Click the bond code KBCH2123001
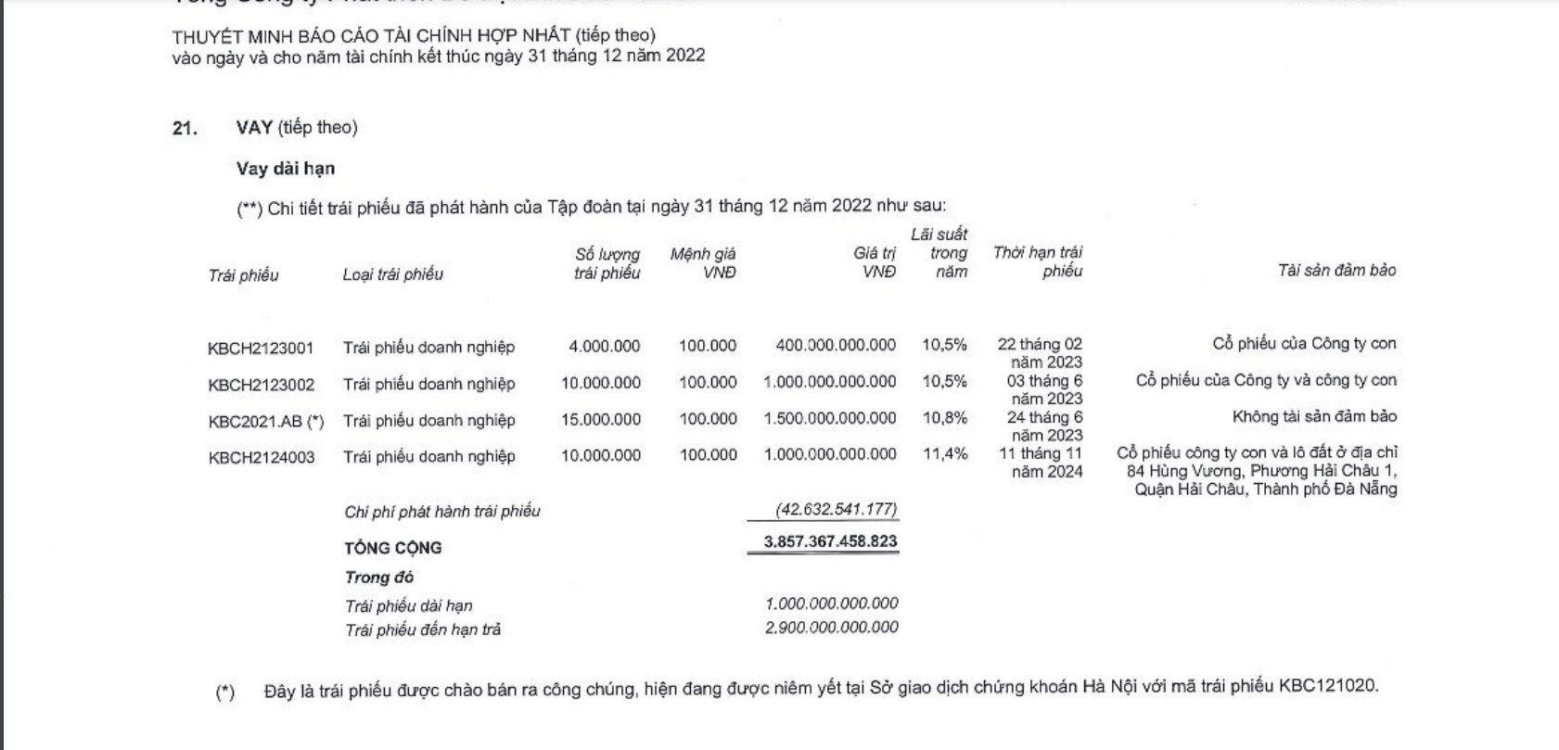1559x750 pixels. (x=261, y=349)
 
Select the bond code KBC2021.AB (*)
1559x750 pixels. (x=266, y=421)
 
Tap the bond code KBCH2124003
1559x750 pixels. (x=262, y=457)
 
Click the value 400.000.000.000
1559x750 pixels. (x=836, y=346)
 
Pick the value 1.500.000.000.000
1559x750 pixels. (x=830, y=419)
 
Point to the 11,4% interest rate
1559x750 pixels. (x=944, y=454)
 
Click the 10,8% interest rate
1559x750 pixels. (x=944, y=418)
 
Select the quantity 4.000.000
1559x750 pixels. (x=604, y=347)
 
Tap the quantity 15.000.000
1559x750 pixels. (x=600, y=420)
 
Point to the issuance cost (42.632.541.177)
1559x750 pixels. (x=836, y=510)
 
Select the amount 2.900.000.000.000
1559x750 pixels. (x=831, y=628)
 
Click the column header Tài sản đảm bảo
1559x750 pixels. (x=1336, y=271)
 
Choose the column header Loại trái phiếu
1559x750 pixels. (x=392, y=274)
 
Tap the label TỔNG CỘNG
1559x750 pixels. (x=393, y=548)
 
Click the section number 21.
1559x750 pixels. (x=185, y=129)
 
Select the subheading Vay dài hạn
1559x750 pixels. (x=286, y=169)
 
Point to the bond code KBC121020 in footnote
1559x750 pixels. (x=1328, y=687)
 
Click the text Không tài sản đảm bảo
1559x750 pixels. (x=1314, y=417)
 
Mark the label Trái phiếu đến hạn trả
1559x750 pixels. (x=423, y=630)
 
